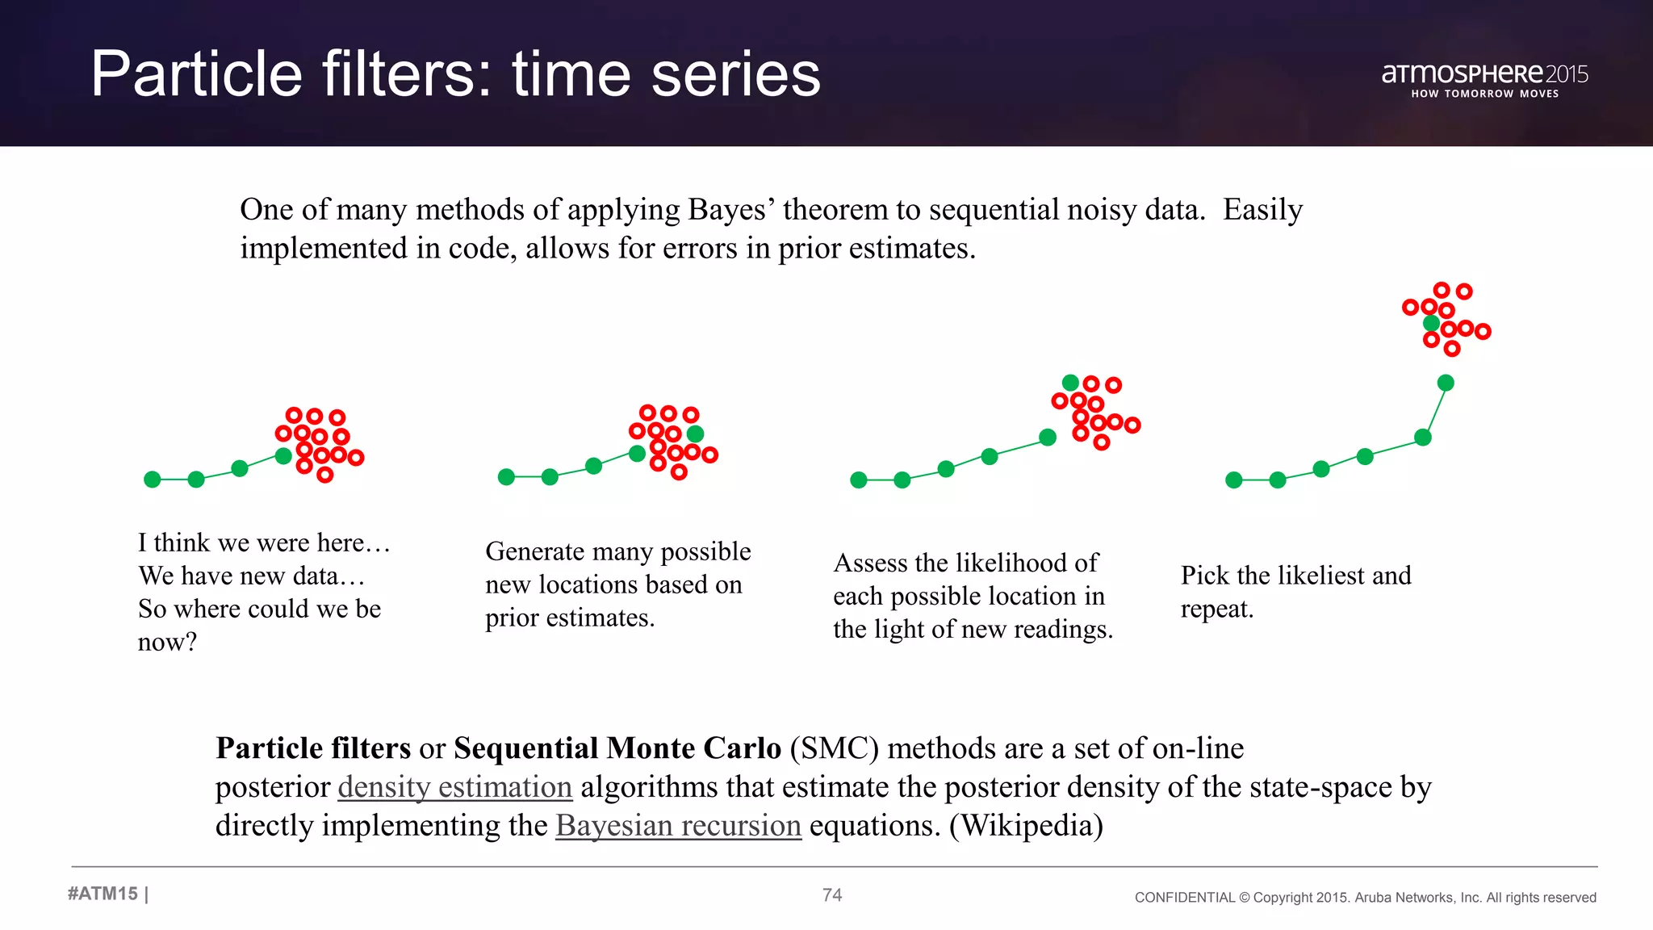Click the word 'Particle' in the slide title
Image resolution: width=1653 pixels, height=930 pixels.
pos(196,74)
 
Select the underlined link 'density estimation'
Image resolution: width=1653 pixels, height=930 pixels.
pos(454,787)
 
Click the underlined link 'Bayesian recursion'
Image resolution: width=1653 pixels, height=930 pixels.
pos(678,826)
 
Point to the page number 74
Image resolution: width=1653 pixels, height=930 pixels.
pos(832,894)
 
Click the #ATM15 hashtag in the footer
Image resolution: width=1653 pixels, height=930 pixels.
pos(103,894)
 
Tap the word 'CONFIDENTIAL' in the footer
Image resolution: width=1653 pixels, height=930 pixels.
pos(1184,898)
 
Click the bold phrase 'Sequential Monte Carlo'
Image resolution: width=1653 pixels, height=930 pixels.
pos(617,748)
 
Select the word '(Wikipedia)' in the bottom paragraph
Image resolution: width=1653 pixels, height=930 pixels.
pos(1026,826)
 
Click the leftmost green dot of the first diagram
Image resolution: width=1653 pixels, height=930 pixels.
pos(152,480)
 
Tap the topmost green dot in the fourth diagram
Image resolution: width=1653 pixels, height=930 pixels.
pos(1431,324)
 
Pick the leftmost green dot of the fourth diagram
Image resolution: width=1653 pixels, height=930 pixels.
pos(1233,480)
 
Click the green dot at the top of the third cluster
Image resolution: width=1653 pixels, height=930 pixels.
pos(1070,383)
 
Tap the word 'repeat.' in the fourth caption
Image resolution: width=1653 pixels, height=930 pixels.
pos(1216,609)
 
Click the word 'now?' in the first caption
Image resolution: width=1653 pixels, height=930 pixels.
pos(167,642)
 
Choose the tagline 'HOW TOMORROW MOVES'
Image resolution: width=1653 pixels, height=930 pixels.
pos(1484,94)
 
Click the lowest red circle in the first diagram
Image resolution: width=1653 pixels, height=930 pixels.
pos(324,475)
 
